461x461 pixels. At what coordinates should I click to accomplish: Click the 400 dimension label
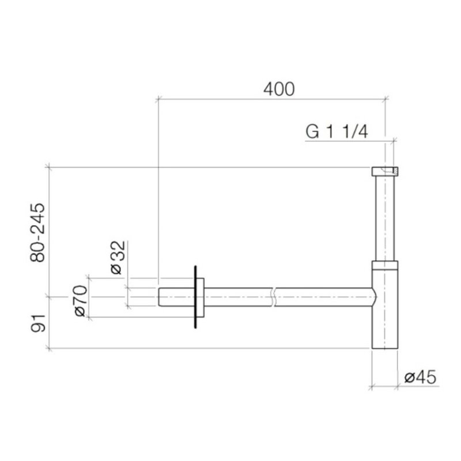279,88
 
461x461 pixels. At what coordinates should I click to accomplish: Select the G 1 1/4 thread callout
337,131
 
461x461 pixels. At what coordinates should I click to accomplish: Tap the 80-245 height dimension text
39,232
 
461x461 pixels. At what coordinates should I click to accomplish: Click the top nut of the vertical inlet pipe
384,171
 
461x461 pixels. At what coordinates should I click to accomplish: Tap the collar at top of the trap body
384,265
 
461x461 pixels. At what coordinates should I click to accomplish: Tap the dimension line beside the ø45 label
384,386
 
